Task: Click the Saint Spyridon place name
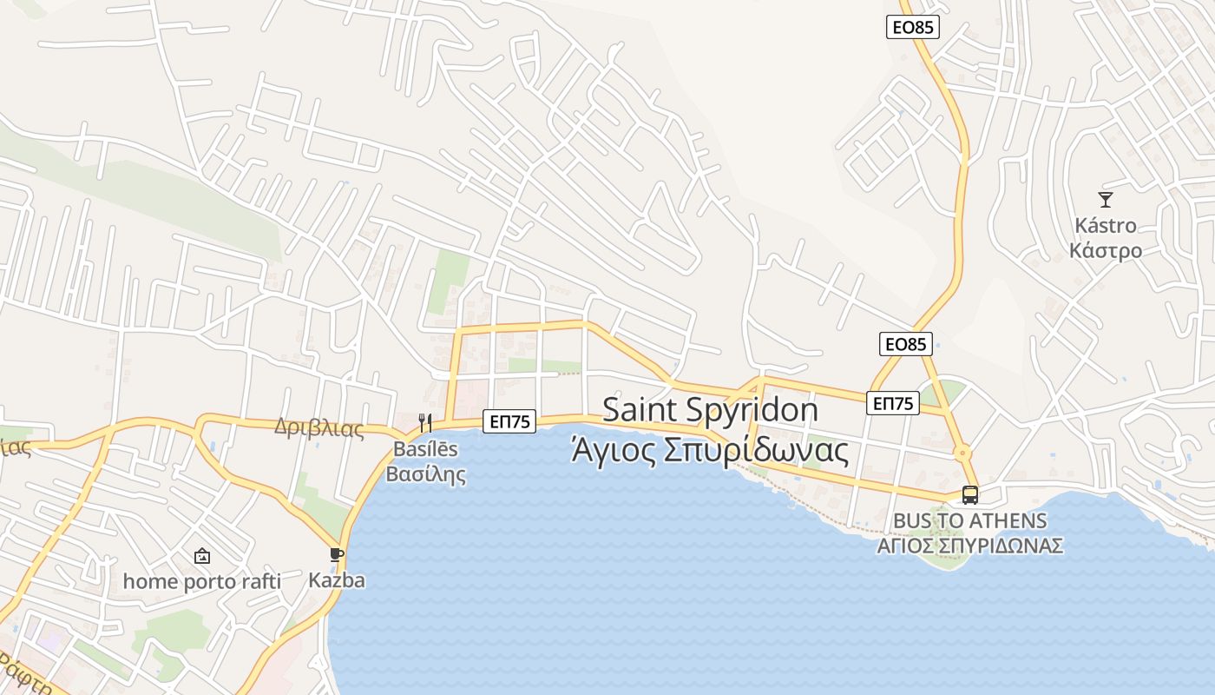(x=710, y=410)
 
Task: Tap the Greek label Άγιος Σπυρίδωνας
(x=710, y=450)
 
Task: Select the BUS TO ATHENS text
(x=970, y=520)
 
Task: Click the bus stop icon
(x=970, y=495)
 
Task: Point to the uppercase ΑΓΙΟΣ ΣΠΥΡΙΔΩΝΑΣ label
(x=970, y=546)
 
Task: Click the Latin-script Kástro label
(x=1106, y=225)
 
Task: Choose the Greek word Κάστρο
(x=1106, y=251)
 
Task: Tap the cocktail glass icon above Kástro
(x=1105, y=200)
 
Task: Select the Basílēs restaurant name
(x=425, y=450)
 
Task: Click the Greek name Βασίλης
(x=425, y=474)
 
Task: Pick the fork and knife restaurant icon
(x=425, y=423)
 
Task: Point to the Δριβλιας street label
(x=319, y=427)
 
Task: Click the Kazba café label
(x=337, y=580)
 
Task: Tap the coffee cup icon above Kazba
(x=337, y=554)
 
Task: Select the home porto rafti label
(x=202, y=581)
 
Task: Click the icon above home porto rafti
(x=202, y=555)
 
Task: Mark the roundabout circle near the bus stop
(x=962, y=453)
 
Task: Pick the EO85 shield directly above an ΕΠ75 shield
(x=905, y=344)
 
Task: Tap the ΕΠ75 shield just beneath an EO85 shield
(x=892, y=403)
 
